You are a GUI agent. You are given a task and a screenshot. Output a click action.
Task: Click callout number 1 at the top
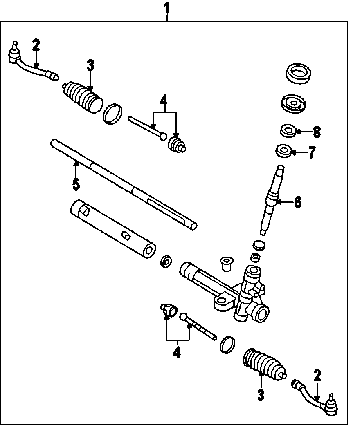click(167, 7)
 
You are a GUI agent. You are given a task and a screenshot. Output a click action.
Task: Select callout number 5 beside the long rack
click(76, 184)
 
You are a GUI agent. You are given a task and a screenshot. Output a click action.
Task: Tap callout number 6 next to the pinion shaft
click(297, 202)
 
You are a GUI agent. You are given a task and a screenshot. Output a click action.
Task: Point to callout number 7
click(312, 153)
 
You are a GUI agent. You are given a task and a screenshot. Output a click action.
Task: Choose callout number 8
click(316, 132)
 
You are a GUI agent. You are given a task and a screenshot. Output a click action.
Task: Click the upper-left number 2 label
click(36, 45)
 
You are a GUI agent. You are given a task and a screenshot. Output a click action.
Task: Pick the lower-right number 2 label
click(317, 376)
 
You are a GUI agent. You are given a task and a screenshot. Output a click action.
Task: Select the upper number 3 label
click(90, 65)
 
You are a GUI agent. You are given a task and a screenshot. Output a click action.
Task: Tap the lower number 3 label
click(261, 395)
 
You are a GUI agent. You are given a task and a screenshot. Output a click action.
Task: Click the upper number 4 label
click(164, 101)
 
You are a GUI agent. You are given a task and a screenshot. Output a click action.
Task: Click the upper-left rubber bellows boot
click(83, 97)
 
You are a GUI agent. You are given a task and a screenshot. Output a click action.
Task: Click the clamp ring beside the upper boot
click(112, 113)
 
